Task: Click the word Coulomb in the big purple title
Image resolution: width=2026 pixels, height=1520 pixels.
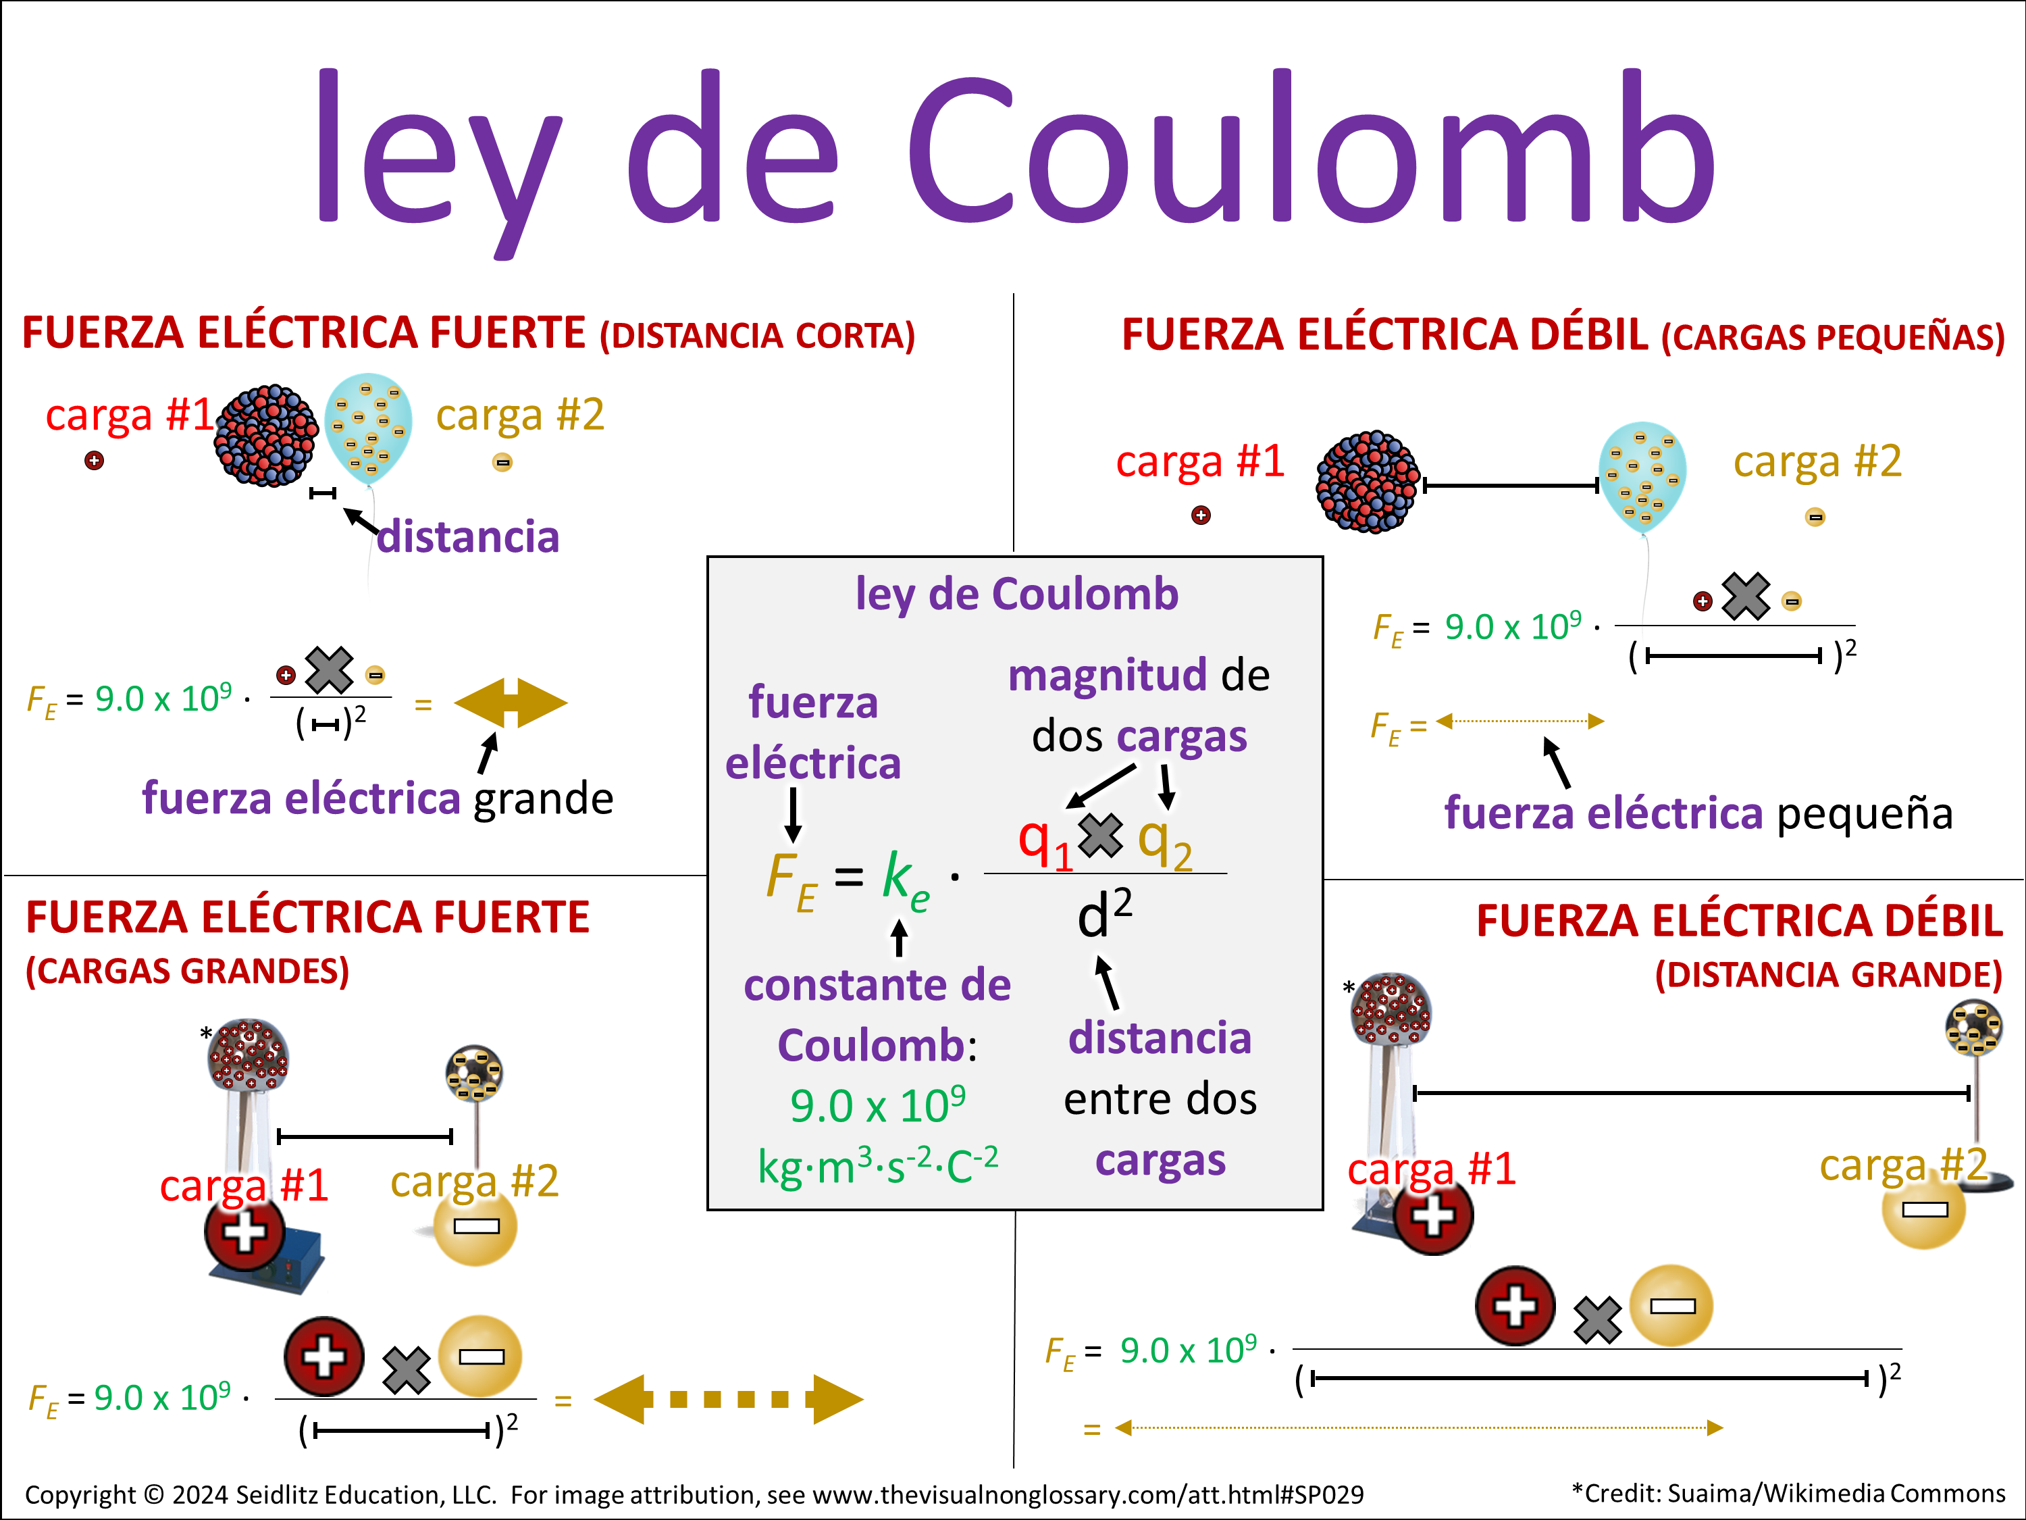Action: (x=1309, y=151)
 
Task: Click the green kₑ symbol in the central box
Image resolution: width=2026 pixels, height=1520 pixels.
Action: (x=904, y=880)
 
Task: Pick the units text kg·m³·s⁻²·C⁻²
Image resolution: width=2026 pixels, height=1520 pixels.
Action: (x=877, y=1165)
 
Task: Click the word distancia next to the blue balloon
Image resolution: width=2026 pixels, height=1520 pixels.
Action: (x=468, y=537)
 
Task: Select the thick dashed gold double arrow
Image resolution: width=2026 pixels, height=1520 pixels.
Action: (x=728, y=1398)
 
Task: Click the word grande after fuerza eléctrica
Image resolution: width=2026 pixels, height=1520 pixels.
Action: (x=543, y=798)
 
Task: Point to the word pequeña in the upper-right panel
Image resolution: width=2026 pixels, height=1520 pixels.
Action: (x=1865, y=813)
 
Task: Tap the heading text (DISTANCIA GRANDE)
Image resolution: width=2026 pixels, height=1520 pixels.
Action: (x=1828, y=975)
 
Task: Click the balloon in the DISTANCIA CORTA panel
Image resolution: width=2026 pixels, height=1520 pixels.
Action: (x=368, y=427)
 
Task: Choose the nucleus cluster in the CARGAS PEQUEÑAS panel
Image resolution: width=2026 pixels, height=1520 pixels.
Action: (x=1367, y=481)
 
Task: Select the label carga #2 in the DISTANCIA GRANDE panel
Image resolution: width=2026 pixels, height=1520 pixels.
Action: (x=1903, y=1165)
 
